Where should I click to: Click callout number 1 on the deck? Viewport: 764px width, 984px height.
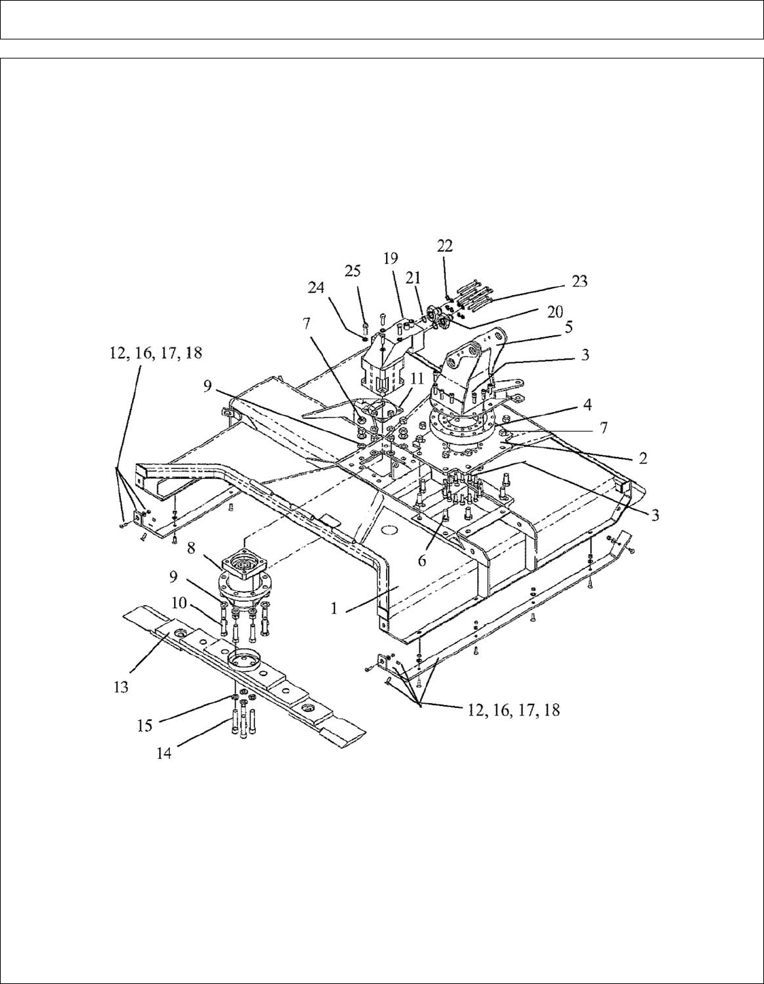(x=334, y=608)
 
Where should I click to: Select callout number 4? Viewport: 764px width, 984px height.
(x=587, y=404)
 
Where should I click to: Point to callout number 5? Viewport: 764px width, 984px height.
(x=568, y=326)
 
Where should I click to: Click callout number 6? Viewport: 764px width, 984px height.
(x=422, y=560)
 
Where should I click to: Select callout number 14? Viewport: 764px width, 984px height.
(x=164, y=753)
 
